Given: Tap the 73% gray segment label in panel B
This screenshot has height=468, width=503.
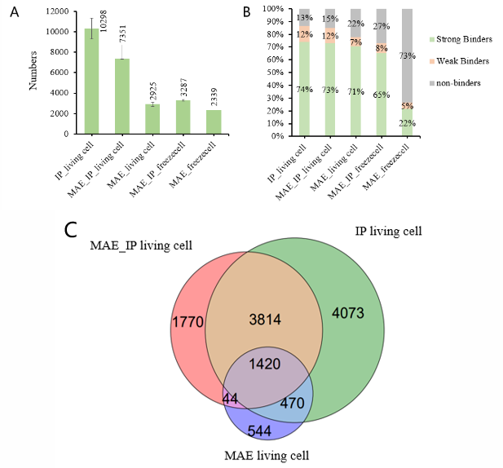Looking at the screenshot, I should coord(406,56).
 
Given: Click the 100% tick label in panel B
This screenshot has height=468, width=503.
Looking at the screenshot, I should coord(272,9).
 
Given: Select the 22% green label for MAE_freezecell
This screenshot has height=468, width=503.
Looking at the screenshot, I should coord(405,123).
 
